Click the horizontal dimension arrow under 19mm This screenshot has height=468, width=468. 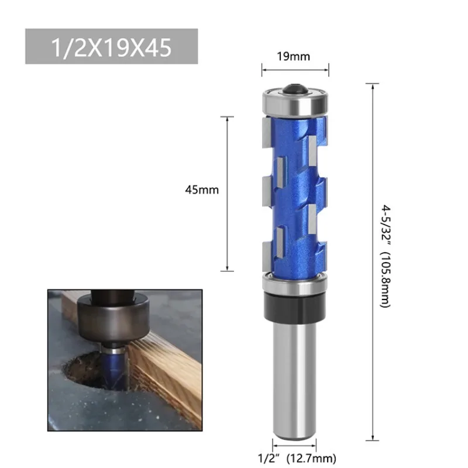tap(295, 71)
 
